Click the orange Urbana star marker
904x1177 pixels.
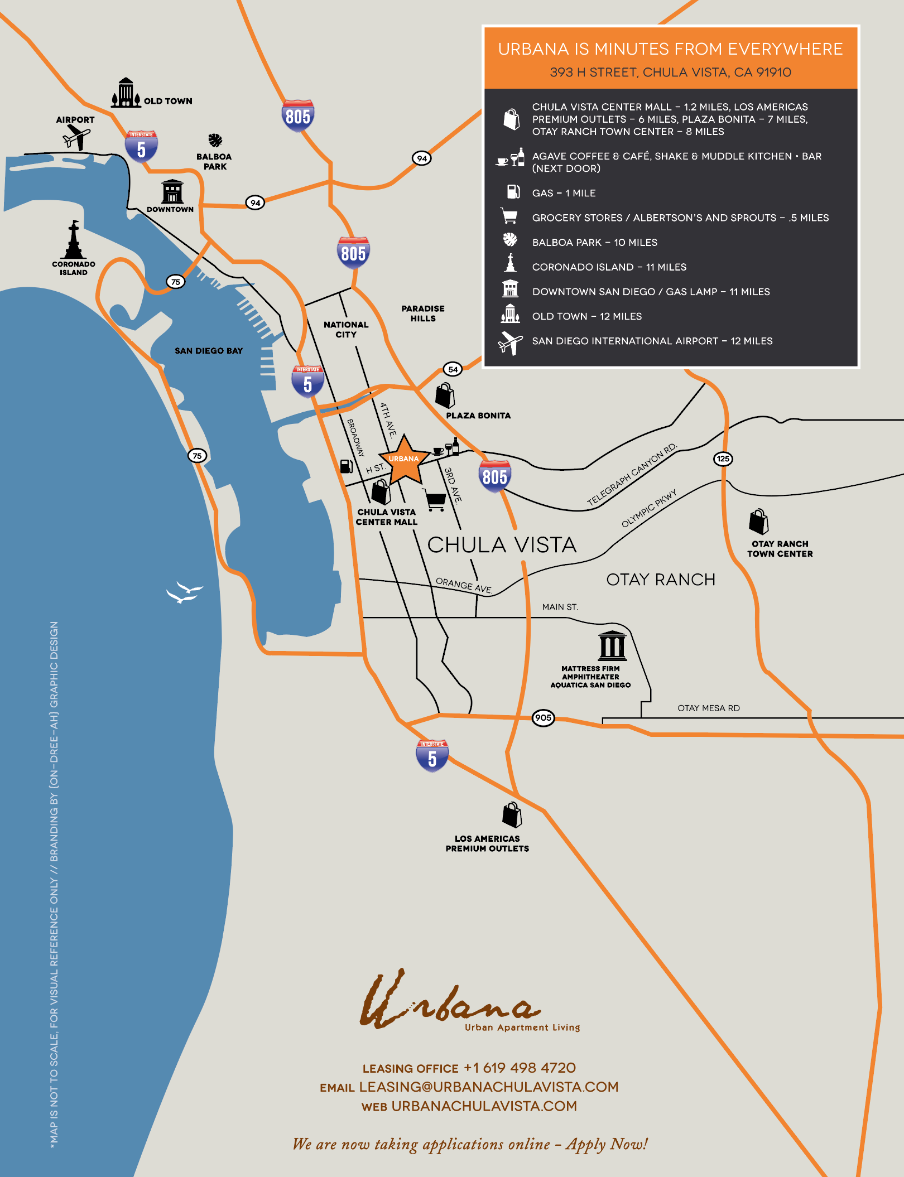point(404,461)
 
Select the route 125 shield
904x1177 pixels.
point(723,459)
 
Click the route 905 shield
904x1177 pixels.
point(543,717)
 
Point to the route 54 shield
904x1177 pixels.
point(453,369)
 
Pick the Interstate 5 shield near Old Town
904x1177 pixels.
point(141,146)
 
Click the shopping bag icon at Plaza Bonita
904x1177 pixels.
point(445,395)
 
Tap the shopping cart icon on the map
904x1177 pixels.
point(435,499)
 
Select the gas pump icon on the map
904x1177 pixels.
point(347,466)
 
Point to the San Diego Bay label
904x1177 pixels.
point(209,351)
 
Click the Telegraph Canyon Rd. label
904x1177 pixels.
point(632,475)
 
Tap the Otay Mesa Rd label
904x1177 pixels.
point(708,708)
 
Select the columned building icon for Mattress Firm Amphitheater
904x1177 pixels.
point(612,645)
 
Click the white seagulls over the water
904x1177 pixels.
point(184,592)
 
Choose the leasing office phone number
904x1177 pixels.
point(520,1068)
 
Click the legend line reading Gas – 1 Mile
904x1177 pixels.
point(564,193)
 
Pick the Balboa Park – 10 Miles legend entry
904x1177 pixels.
point(594,242)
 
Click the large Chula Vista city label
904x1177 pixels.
point(502,545)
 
